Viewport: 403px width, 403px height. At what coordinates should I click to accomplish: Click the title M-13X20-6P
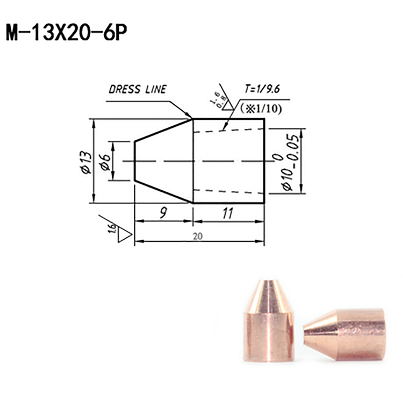pyautogui.click(x=67, y=33)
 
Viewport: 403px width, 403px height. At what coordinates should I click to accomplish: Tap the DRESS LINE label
pyautogui.click(x=138, y=89)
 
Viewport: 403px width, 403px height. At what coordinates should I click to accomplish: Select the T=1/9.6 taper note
pyautogui.click(x=262, y=89)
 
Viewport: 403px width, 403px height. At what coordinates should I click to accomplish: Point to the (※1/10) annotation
pyautogui.click(x=261, y=109)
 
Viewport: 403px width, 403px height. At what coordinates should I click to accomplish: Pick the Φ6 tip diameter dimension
pyautogui.click(x=105, y=162)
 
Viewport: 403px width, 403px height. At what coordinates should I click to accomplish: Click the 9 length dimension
pyautogui.click(x=163, y=213)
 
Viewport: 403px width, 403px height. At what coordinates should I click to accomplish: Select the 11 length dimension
pyautogui.click(x=228, y=213)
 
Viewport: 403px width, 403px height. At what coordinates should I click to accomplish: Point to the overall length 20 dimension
pyautogui.click(x=198, y=236)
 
